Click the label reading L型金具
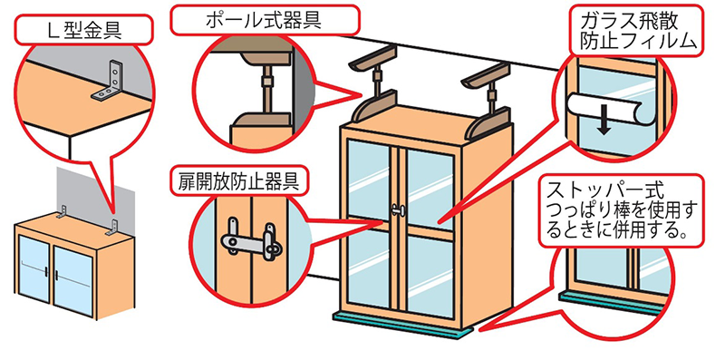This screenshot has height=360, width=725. tap(83, 30)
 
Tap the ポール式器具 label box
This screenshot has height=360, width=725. tap(265, 20)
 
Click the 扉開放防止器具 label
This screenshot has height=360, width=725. tap(238, 181)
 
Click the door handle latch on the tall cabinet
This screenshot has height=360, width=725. tap(397, 210)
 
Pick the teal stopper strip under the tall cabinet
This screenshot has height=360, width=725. tap(403, 326)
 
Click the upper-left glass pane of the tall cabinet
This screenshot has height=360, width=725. tap(368, 179)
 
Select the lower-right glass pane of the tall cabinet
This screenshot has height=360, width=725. tap(430, 277)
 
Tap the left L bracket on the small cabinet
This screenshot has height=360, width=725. tap(62, 213)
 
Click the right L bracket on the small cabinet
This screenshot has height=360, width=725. tap(112, 227)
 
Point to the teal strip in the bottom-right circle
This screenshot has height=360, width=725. tap(609, 301)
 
